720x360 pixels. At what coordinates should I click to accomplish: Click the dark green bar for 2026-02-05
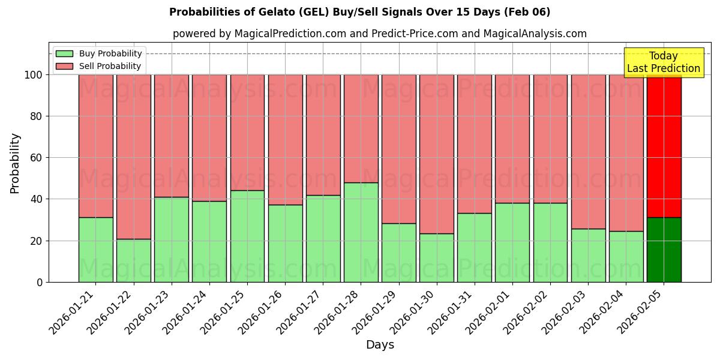pyautogui.click(x=664, y=250)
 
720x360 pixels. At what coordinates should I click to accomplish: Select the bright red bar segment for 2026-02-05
pyautogui.click(x=664, y=146)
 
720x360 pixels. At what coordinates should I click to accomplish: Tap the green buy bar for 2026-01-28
pyautogui.click(x=361, y=232)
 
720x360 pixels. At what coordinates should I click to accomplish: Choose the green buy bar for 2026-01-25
pyautogui.click(x=247, y=236)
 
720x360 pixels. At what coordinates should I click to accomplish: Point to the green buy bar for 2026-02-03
pyautogui.click(x=588, y=255)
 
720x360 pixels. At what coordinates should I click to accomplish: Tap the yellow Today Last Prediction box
pyautogui.click(x=663, y=62)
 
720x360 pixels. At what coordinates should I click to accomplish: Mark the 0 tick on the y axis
pyautogui.click(x=40, y=282)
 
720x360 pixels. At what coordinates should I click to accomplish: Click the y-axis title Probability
pyautogui.click(x=15, y=163)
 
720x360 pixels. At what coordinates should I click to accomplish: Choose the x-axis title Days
pyautogui.click(x=380, y=345)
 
